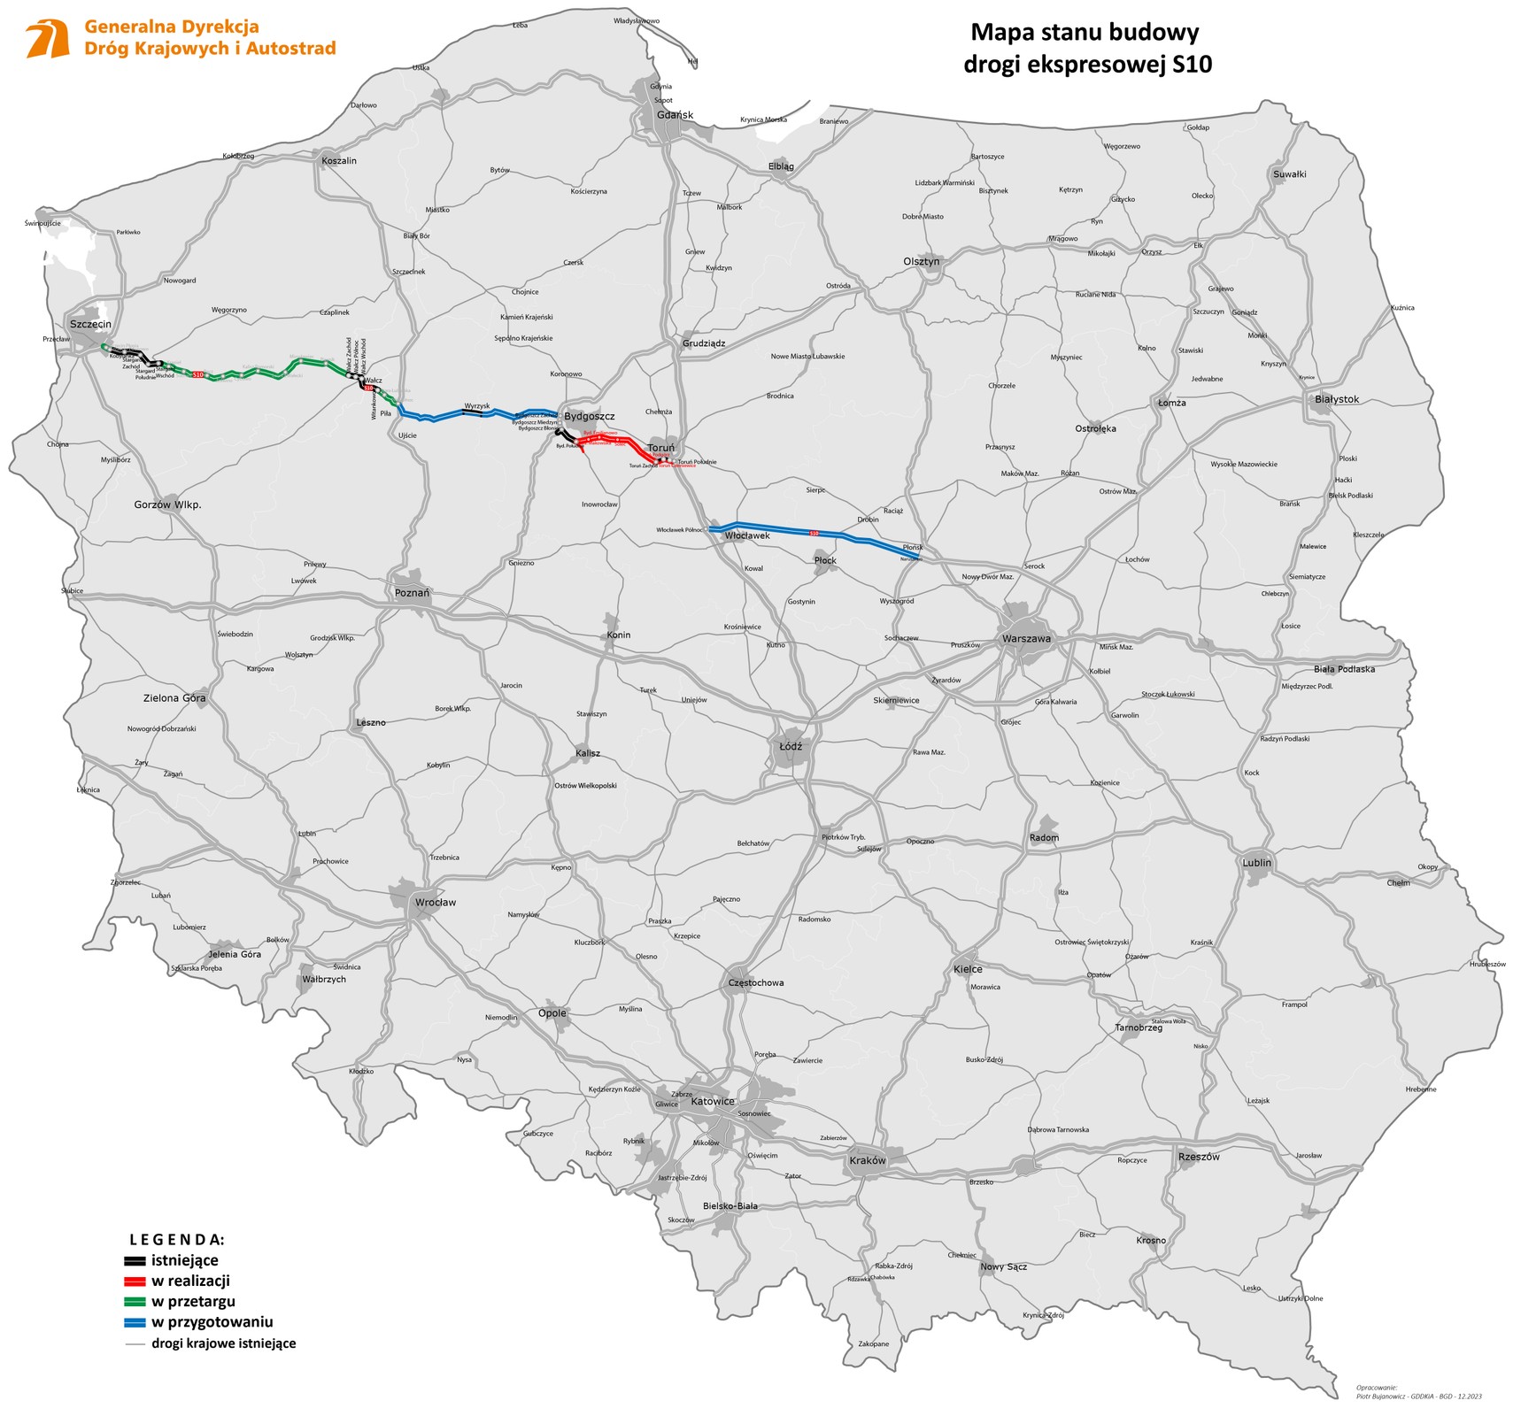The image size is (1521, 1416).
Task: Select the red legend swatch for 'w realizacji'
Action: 135,1281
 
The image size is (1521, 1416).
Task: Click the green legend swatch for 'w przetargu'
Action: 135,1302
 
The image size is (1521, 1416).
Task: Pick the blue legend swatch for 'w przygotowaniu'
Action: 135,1322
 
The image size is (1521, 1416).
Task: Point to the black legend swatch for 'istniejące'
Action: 135,1260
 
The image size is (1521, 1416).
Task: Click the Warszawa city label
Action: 1026,638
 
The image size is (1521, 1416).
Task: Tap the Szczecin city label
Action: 90,325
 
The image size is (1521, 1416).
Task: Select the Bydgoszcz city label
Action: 589,416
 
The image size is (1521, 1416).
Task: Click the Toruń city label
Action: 660,448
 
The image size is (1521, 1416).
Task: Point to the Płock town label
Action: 825,560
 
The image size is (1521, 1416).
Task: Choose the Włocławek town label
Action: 747,535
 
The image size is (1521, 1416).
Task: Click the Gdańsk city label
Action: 675,115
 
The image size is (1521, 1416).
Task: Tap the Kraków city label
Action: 867,1160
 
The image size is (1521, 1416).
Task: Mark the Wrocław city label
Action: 436,903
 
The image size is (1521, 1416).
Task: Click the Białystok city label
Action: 1336,399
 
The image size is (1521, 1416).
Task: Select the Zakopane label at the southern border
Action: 873,1343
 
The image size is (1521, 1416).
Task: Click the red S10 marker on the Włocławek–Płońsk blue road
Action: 814,534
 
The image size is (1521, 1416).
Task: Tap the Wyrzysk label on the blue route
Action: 476,405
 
